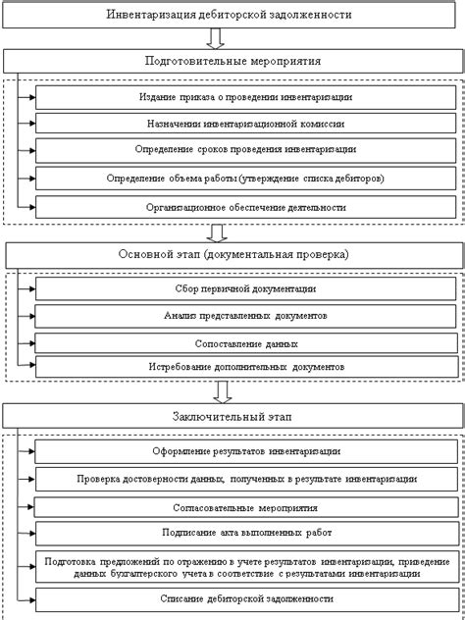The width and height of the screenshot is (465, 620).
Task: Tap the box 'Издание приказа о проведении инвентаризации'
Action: point(245,97)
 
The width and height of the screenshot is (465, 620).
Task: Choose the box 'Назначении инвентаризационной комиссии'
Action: point(245,125)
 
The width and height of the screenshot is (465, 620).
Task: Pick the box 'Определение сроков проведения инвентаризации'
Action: point(245,151)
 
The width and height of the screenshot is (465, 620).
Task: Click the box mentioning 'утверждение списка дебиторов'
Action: point(245,179)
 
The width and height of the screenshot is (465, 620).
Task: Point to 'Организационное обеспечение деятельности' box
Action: point(245,207)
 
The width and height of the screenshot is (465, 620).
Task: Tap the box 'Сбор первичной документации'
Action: point(245,290)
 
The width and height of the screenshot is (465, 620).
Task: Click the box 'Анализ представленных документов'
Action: point(245,316)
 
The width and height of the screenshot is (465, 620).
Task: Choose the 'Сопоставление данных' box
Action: point(245,342)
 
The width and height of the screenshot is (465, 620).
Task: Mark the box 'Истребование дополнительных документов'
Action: point(245,368)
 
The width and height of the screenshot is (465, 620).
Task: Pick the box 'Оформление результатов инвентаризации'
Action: point(245,451)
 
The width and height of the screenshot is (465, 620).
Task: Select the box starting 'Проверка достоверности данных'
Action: point(245,479)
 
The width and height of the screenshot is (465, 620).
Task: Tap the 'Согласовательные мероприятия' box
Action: point(245,507)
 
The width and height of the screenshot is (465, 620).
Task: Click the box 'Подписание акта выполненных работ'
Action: point(245,535)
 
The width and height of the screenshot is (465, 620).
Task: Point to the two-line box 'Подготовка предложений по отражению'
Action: point(245,566)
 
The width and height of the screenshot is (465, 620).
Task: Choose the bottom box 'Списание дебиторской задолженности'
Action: point(245,598)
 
